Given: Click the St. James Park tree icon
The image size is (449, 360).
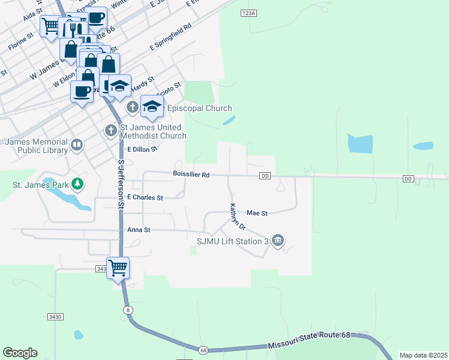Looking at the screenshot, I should click(x=77, y=183).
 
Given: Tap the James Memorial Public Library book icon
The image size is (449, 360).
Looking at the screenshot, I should click(x=77, y=145).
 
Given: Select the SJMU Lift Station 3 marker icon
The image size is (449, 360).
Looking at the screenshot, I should click(x=277, y=241).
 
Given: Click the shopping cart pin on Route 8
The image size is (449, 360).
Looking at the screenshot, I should click(x=118, y=268).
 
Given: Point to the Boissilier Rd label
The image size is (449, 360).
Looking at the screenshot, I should click(x=190, y=175).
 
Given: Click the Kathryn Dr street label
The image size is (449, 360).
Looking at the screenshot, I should click(x=238, y=217).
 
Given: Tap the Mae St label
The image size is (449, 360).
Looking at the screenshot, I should click(x=256, y=213).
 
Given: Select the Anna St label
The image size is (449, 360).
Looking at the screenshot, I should click(x=138, y=230).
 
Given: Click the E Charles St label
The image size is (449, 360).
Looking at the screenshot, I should click(x=145, y=197).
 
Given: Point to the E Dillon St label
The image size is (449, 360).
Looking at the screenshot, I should click(x=137, y=149).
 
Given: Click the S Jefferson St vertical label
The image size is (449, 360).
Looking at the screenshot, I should click(x=121, y=184).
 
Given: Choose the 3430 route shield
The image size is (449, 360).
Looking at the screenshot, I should click(x=55, y=316).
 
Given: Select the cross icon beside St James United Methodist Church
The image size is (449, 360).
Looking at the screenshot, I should click(x=110, y=130).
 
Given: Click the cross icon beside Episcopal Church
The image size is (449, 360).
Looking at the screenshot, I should click(x=133, y=108).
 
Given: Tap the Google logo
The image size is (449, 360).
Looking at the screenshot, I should click(x=20, y=353).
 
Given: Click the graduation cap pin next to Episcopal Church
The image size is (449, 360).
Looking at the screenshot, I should click(x=152, y=106).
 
